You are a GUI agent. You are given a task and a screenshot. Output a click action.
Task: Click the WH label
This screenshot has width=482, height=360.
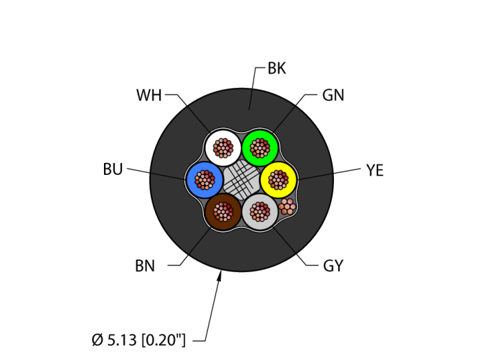[149, 96]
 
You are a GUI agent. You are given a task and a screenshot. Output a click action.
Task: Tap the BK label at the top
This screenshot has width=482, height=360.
[276, 68]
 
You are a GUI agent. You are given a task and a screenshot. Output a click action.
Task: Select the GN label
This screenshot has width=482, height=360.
[333, 96]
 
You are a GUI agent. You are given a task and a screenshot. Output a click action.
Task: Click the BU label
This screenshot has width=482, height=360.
[112, 169]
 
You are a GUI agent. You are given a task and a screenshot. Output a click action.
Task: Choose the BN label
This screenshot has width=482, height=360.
[145, 266]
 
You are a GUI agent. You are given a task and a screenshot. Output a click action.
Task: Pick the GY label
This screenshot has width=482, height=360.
[333, 266]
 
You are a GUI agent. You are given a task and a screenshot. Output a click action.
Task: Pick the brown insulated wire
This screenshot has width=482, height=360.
[215, 220]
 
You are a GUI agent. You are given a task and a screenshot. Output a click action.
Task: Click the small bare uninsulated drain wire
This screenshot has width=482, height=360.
[287, 206]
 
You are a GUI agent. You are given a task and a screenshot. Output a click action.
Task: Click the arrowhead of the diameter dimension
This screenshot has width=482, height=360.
[221, 275]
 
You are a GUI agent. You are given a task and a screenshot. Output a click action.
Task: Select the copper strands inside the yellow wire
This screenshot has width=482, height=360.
[277, 180]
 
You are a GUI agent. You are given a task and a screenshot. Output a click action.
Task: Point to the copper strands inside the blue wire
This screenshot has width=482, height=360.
[205, 180]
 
